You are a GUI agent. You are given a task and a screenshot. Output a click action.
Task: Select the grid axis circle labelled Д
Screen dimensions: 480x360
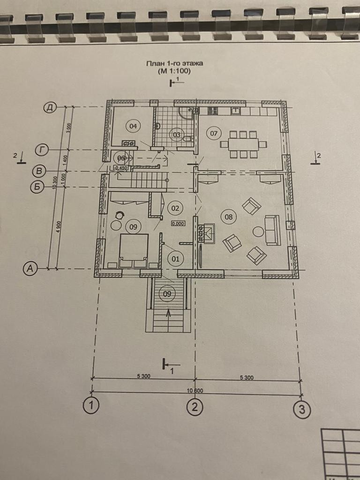coord(50,108)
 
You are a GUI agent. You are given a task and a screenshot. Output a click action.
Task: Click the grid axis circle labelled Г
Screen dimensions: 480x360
coord(43,150)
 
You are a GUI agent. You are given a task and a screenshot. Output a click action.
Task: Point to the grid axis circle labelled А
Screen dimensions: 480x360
coord(30,269)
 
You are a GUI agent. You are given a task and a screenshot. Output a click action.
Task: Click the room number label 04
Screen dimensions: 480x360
coord(133,126)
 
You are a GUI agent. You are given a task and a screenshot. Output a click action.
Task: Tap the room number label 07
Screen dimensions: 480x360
coord(214,134)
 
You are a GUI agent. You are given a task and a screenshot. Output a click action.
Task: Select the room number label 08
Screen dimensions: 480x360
coord(229,217)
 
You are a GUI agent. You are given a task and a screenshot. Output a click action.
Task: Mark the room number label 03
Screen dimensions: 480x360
coord(177,135)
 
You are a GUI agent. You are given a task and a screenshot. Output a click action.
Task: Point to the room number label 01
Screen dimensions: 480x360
coord(175,258)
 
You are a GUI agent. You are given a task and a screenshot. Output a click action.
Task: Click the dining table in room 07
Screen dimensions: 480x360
coord(243,144)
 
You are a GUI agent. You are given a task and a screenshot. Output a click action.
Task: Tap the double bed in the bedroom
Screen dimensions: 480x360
coord(134,251)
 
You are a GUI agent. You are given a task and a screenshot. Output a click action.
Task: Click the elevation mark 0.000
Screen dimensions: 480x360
coord(178,224)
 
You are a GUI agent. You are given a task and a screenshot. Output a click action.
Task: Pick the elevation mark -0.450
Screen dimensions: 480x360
coord(121,167)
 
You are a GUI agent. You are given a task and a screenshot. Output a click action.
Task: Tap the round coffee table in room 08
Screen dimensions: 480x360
coord(258,232)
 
